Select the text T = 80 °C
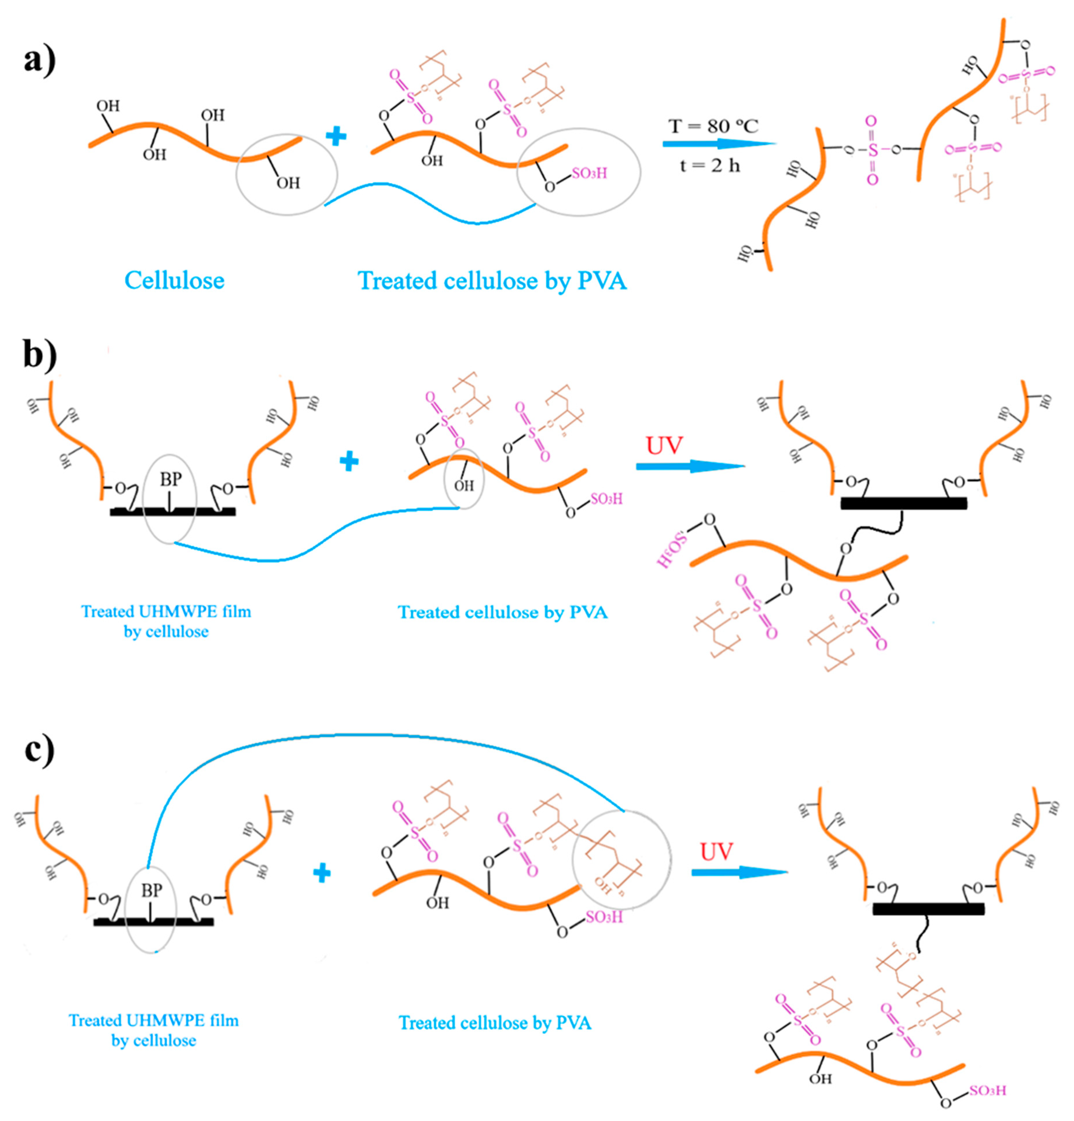(x=713, y=126)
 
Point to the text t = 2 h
(x=709, y=166)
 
